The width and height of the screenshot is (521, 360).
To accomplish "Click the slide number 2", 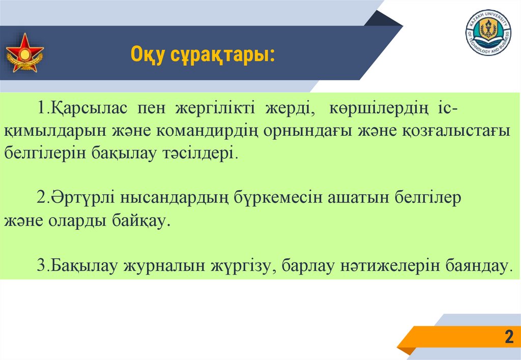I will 508,337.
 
